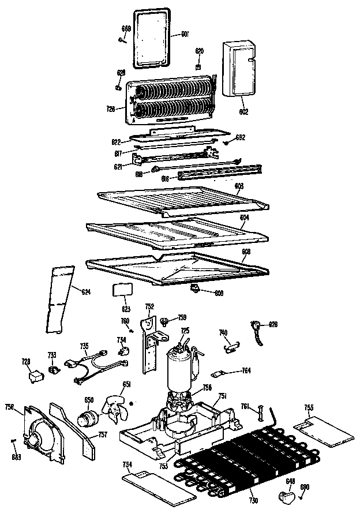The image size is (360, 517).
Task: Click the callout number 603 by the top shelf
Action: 239,185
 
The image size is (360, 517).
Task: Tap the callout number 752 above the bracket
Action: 149,306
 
